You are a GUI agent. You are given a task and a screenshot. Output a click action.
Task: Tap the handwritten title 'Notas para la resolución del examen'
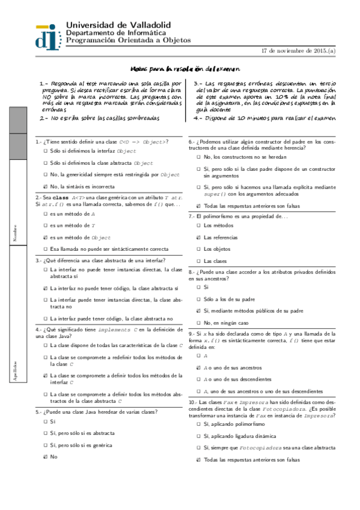click(x=185, y=70)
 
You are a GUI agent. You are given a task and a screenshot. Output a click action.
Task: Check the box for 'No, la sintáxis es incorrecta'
click(x=46, y=186)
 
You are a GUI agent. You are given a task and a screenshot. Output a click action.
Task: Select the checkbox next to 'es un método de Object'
click(x=46, y=238)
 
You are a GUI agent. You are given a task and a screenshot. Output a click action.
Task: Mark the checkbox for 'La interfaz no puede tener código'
click(x=46, y=289)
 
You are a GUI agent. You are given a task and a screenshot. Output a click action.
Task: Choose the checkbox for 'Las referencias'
click(x=198, y=238)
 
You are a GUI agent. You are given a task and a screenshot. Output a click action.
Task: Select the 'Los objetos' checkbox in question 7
click(x=198, y=249)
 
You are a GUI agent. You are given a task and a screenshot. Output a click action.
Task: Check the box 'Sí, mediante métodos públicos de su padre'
click(x=198, y=311)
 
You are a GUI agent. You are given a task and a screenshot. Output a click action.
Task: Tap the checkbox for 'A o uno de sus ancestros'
click(x=198, y=367)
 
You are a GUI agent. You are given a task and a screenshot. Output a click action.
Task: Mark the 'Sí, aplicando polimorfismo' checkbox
click(x=198, y=424)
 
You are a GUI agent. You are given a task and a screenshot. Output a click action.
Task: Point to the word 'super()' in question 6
click(x=213, y=194)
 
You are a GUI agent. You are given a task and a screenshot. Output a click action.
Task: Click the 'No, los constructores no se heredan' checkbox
click(x=198, y=156)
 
